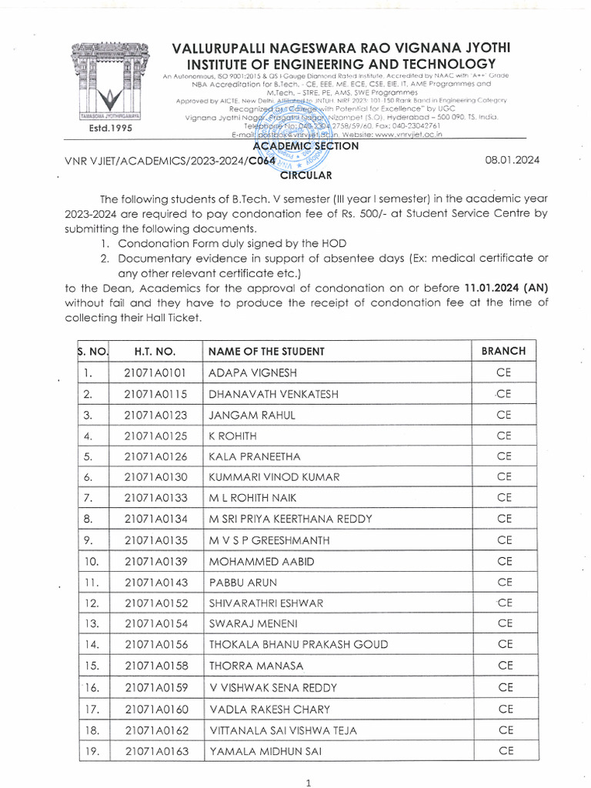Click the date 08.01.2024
click(x=513, y=160)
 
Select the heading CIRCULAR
click(x=306, y=175)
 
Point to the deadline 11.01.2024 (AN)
click(x=506, y=287)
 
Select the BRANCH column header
click(x=503, y=351)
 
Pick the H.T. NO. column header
click(x=155, y=352)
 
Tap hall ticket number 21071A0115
click(x=155, y=394)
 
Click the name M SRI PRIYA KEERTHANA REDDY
click(x=290, y=519)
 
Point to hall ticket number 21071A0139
click(x=155, y=561)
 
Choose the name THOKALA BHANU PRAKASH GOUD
click(x=299, y=645)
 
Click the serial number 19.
click(x=91, y=750)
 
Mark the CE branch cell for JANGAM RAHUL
click(x=504, y=415)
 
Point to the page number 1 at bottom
click(x=307, y=783)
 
